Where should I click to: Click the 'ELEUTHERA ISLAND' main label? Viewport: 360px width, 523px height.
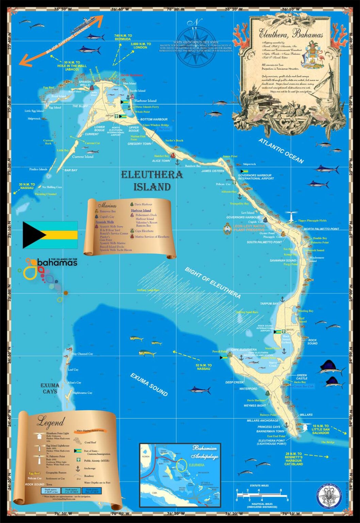(x=152, y=181)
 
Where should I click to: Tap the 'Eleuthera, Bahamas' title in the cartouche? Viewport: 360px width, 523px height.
(x=291, y=34)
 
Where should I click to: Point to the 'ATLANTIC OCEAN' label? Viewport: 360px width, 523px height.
(x=281, y=150)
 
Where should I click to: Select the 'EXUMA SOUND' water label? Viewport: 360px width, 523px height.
(x=149, y=384)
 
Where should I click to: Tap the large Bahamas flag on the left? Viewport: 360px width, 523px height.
(x=50, y=235)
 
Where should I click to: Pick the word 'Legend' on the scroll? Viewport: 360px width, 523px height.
(x=50, y=423)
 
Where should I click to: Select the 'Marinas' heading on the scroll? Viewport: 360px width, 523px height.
(x=107, y=205)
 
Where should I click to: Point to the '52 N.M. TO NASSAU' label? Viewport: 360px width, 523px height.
(x=203, y=367)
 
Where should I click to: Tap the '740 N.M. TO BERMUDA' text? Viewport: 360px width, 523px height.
(x=123, y=37)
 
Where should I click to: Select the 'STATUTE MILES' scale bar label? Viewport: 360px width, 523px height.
(x=259, y=486)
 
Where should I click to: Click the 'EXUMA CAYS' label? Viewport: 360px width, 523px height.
(x=50, y=388)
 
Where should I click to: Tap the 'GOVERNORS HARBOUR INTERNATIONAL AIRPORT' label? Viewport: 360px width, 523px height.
(x=256, y=177)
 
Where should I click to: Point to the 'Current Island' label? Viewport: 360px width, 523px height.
(x=83, y=157)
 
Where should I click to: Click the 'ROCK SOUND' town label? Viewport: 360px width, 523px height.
(x=312, y=342)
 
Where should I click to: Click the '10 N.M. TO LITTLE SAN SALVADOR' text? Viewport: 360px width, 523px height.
(x=321, y=429)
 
